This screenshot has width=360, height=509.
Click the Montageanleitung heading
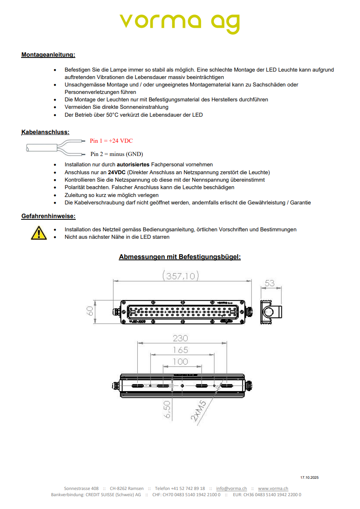(48, 55)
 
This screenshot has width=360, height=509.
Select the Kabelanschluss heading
(45, 132)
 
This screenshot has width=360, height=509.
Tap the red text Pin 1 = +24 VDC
(111, 141)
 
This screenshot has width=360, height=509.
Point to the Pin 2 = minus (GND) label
(117, 154)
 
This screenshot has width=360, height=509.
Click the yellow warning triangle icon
(38, 233)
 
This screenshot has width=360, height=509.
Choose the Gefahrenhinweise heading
(48, 216)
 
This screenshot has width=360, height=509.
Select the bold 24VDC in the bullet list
(120, 172)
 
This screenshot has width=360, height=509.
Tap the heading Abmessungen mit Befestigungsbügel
(180, 257)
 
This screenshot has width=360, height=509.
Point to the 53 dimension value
(270, 283)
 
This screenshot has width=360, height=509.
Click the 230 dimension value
(180, 338)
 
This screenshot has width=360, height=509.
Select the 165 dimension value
(180, 350)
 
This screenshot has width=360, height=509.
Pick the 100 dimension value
(180, 362)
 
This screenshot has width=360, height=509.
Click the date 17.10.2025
(310, 478)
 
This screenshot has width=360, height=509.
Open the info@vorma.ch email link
(231, 489)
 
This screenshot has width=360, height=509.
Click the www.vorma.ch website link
(273, 489)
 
